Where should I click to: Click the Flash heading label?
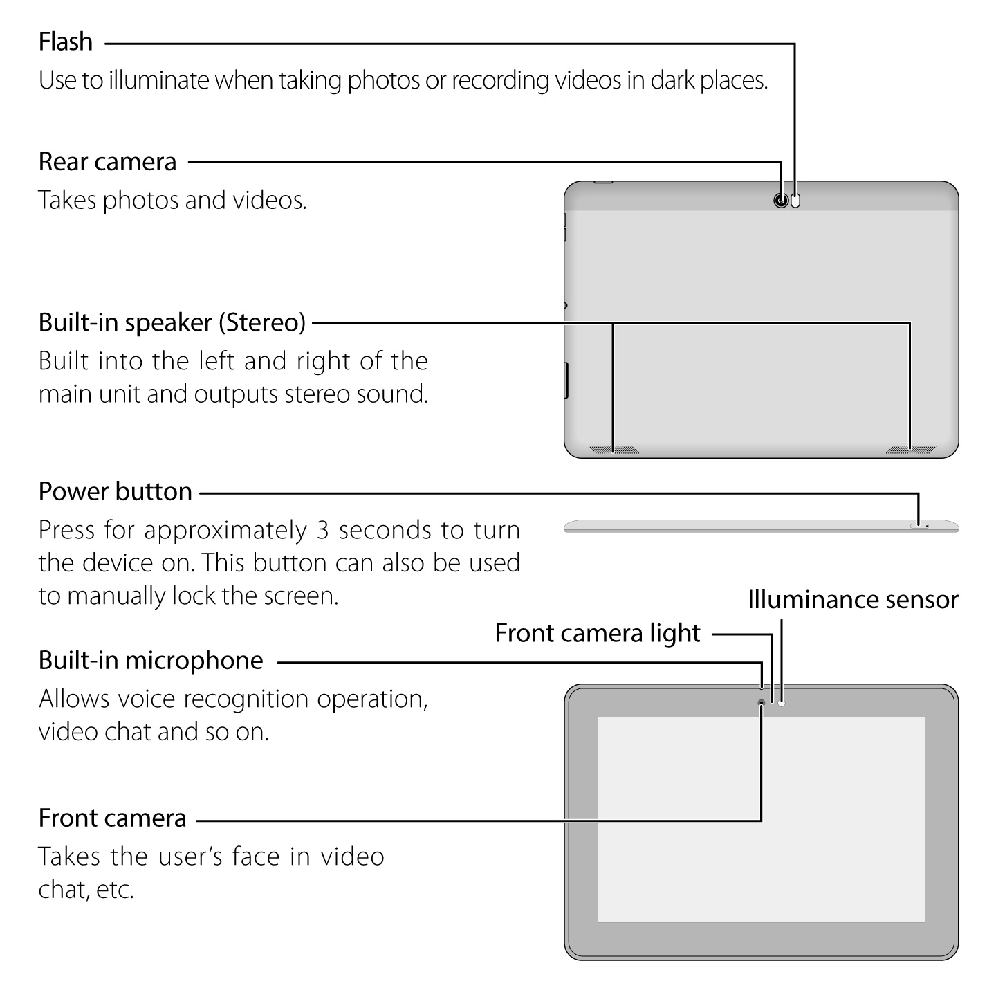coord(66,42)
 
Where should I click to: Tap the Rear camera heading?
coord(108,162)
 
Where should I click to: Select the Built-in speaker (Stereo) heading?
coord(172,322)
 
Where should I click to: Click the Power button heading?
coord(116,492)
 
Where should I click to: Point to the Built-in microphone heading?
coord(151,661)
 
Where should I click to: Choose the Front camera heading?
coord(113,818)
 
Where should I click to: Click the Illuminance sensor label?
coord(853,600)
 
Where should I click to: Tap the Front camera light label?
coord(598,634)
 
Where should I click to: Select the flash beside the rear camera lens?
coord(795,201)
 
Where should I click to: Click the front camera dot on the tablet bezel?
coord(762,703)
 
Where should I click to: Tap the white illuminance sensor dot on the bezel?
coord(782,703)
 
